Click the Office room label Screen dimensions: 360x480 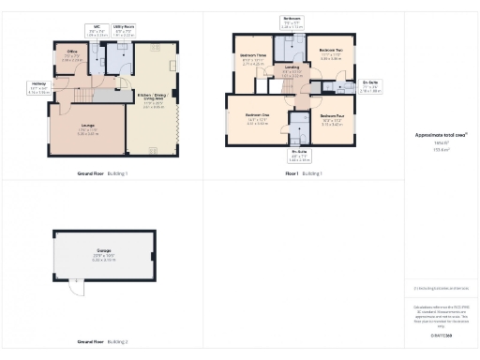click(x=70, y=55)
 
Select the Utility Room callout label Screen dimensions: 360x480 click(x=123, y=30)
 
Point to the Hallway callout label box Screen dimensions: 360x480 click(x=37, y=89)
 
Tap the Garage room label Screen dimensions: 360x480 click(x=104, y=253)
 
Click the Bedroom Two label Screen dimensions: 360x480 click(x=330, y=55)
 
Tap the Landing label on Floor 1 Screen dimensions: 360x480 click(x=292, y=70)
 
